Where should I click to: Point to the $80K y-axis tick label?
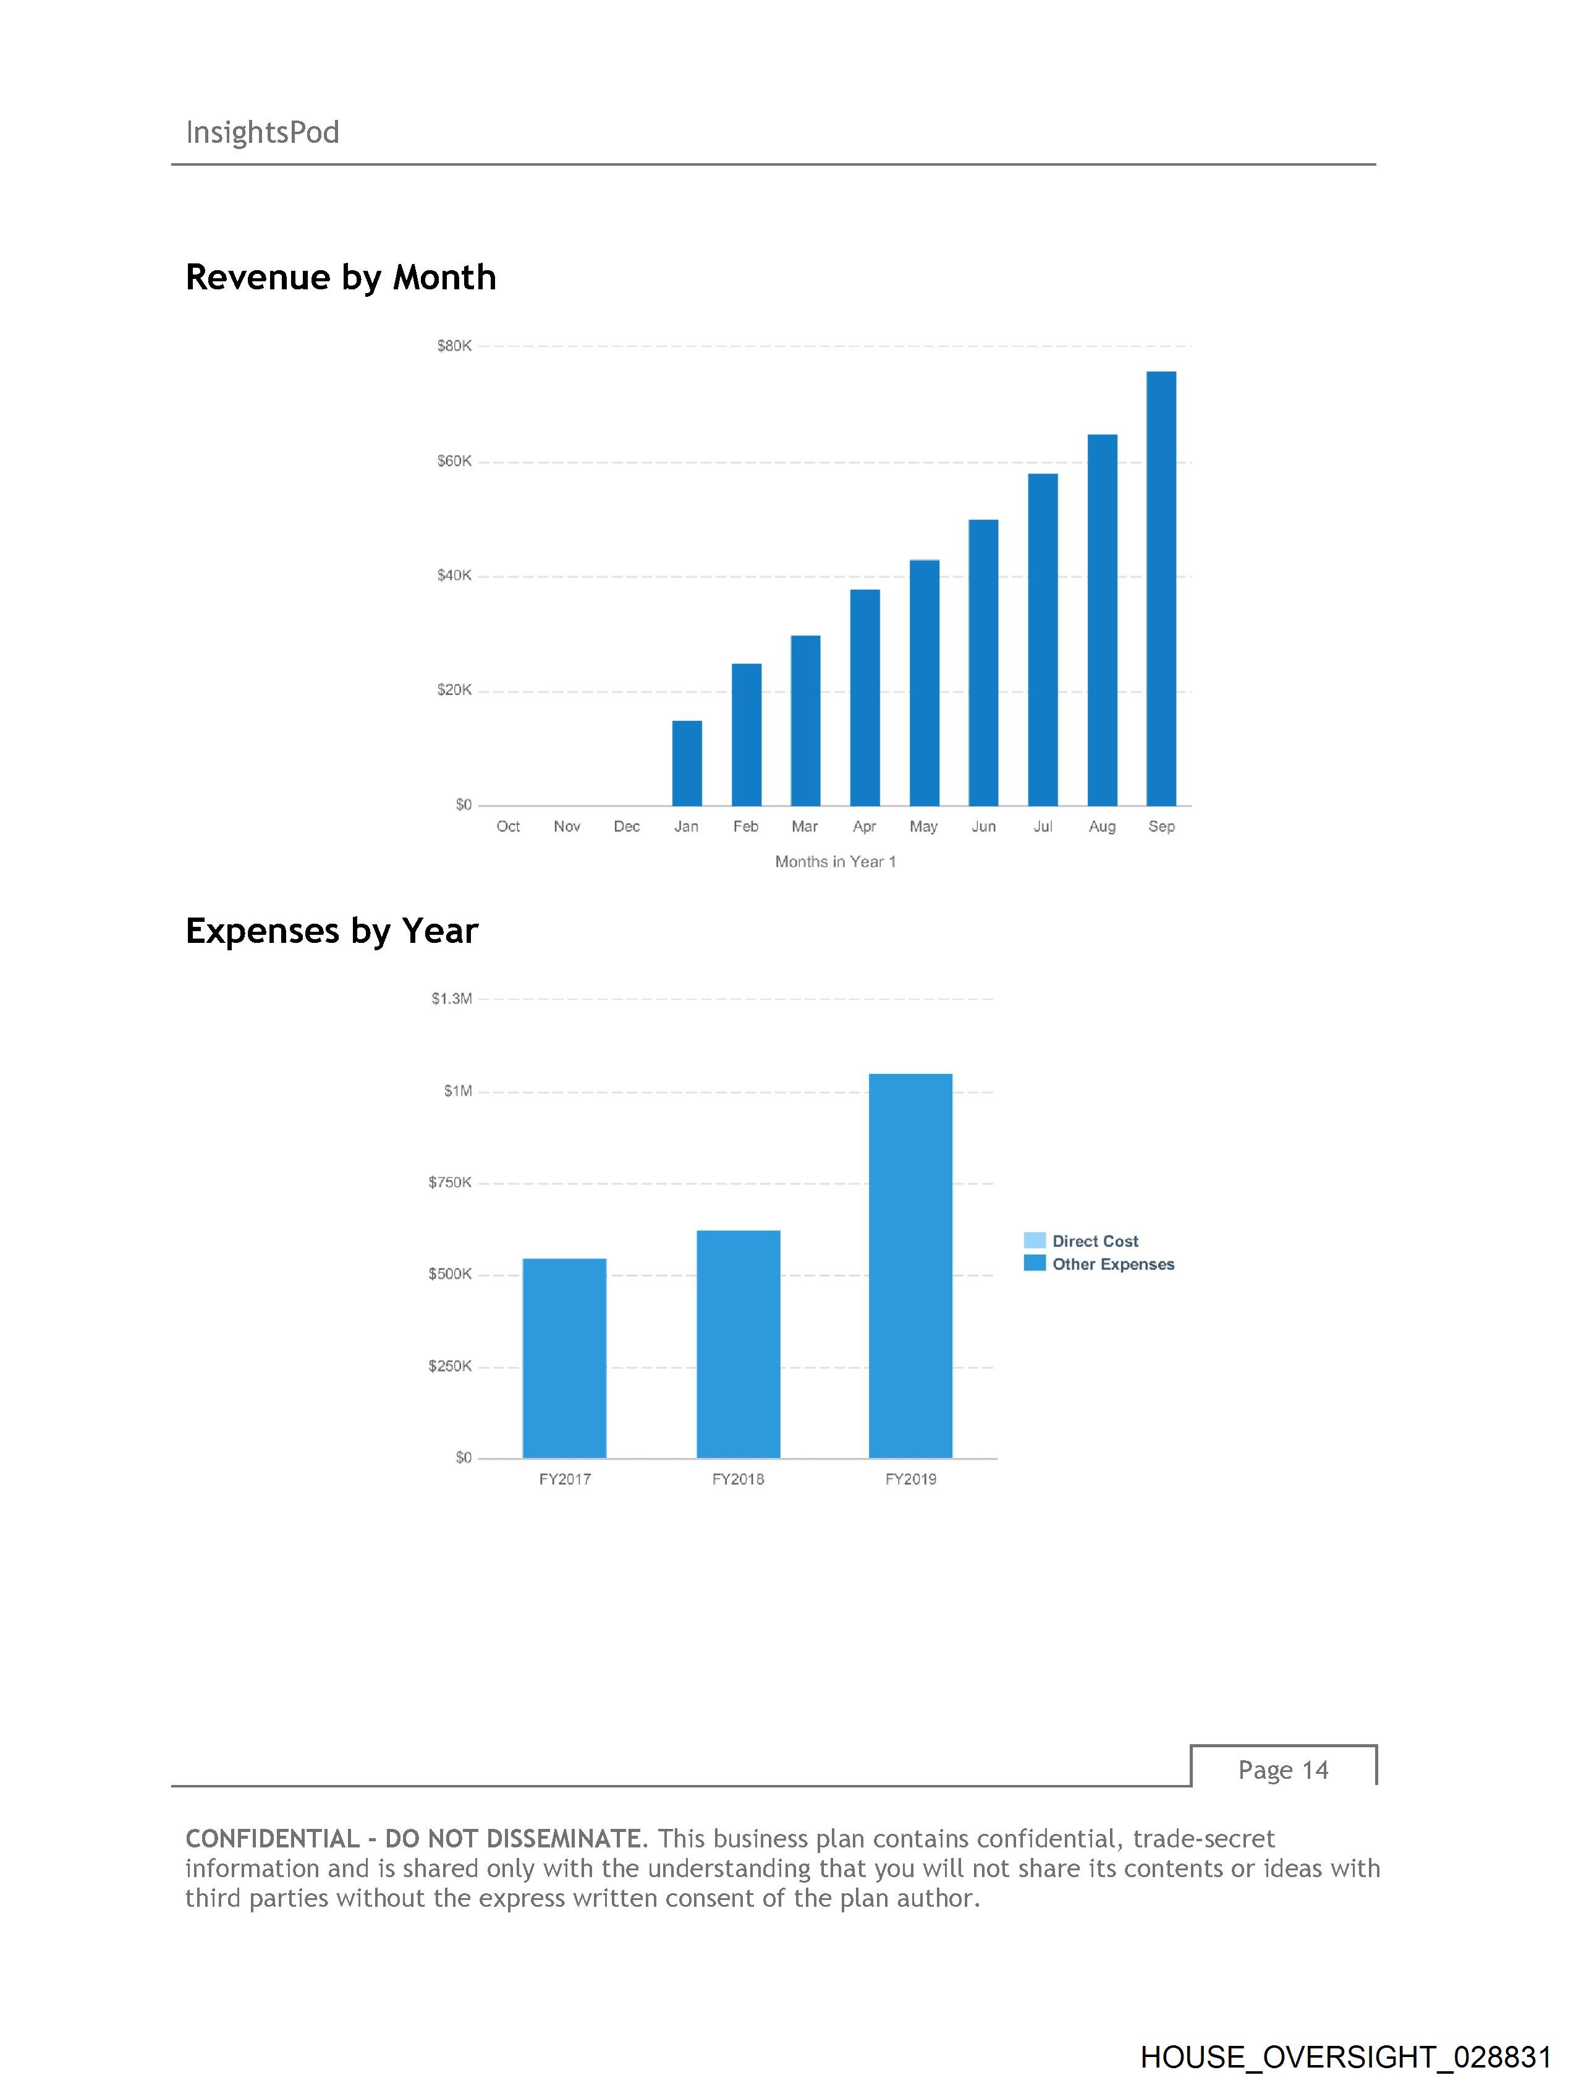click(454, 346)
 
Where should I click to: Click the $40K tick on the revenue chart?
click(454, 576)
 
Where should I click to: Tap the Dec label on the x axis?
click(626, 826)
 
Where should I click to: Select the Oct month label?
click(507, 826)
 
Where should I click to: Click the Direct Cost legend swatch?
click(1035, 1240)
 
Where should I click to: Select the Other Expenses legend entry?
click(1112, 1264)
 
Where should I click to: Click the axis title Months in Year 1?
click(835, 862)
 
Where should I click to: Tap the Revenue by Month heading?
click(341, 277)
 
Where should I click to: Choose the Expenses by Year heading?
click(331, 931)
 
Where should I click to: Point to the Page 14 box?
click(1282, 1770)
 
